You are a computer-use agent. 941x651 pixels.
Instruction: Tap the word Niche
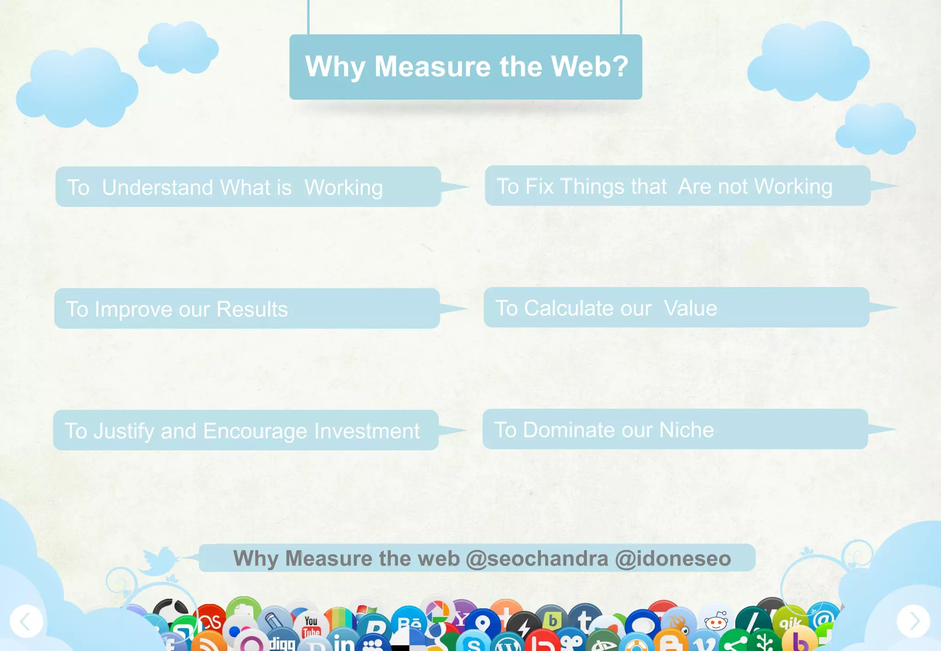686,430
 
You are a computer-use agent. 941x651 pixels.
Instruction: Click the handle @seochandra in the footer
537,558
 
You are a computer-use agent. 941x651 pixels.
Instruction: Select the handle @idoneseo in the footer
673,558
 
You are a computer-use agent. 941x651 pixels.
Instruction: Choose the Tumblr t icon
584,619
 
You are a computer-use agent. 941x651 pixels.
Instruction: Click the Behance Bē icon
408,622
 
